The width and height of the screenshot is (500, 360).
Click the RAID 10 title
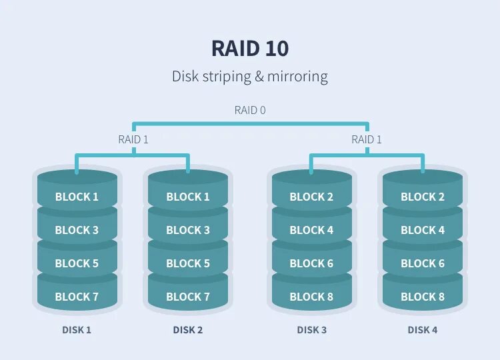pos(250,49)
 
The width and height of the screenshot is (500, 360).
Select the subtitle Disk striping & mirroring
pos(250,76)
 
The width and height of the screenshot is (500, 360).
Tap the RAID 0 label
pos(250,110)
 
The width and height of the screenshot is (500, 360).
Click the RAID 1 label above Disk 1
pos(133,139)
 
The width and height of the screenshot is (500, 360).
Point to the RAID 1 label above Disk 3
pos(367,139)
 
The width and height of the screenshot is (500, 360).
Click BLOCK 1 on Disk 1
pos(77,197)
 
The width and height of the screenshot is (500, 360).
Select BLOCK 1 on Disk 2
pos(188,197)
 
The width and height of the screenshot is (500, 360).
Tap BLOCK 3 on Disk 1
pos(77,230)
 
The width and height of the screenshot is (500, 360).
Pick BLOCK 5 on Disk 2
pos(188,263)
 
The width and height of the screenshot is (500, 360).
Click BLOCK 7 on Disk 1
pos(77,297)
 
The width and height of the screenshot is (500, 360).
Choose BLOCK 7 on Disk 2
pos(188,297)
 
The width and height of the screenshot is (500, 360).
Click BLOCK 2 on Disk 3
pos(311,197)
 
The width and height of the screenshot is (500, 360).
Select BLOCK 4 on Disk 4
pos(423,230)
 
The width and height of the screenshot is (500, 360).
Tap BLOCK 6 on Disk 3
pos(311,263)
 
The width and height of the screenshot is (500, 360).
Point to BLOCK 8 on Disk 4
pos(423,297)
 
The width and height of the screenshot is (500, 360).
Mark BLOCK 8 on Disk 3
pos(311,297)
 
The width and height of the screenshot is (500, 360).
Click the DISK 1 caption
pos(77,330)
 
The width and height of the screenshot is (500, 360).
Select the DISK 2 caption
pos(188,330)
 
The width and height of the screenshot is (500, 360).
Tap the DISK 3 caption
pos(311,330)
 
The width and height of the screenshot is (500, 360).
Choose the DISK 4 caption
pos(423,330)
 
